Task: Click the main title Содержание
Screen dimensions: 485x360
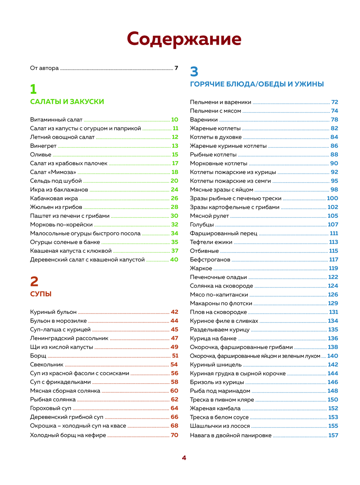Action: click(184, 39)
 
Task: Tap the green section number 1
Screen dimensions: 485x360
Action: click(33, 89)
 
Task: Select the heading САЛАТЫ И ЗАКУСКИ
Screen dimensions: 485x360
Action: click(67, 102)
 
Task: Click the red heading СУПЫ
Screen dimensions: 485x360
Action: click(41, 294)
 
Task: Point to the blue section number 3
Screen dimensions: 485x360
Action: click(194, 72)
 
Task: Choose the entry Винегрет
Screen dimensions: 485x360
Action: click(43, 146)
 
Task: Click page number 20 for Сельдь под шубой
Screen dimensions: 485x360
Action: click(174, 181)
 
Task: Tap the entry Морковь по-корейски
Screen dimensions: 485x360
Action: click(61, 225)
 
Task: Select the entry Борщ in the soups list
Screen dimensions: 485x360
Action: click(38, 356)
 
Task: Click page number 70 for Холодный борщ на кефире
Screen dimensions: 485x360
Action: click(174, 435)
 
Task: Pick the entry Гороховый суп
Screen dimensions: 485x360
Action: click(51, 408)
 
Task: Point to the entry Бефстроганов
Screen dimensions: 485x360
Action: click(210, 260)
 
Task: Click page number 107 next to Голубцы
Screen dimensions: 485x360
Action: click(333, 225)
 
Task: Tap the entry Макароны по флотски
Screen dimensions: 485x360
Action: click(221, 303)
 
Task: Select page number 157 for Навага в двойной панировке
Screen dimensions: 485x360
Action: click(333, 435)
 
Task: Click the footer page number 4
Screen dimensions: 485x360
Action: click(184, 458)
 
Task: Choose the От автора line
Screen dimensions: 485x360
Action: click(44, 68)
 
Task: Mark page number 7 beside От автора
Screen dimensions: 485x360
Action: click(176, 68)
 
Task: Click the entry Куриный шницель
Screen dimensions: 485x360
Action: click(216, 365)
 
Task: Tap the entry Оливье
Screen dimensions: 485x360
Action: click(41, 155)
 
